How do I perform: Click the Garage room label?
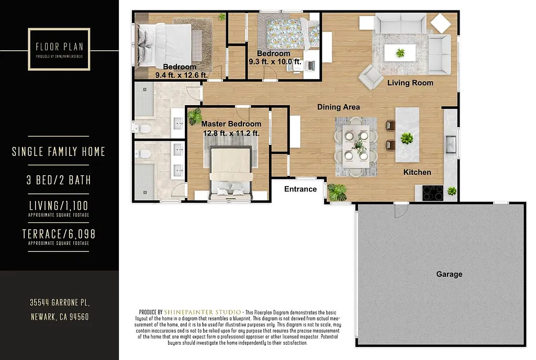[449, 274]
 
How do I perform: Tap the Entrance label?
[300, 189]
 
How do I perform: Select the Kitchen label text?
[417, 172]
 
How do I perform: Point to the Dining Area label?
[339, 107]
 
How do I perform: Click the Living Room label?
[410, 83]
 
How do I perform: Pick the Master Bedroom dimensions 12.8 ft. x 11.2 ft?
[231, 133]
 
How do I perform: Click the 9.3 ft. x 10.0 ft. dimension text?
[275, 61]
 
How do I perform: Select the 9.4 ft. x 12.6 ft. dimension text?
[181, 75]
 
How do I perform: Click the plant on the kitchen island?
[407, 139]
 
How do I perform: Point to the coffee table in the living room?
[400, 52]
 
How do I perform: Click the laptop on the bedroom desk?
[310, 65]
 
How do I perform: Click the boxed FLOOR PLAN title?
[59, 49]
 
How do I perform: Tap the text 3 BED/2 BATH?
[59, 180]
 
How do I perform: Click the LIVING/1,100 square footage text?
[59, 205]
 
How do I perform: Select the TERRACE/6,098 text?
[59, 234]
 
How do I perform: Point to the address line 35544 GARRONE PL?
[59, 302]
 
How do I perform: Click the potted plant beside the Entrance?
[337, 192]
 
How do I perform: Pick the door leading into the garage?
[401, 210]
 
